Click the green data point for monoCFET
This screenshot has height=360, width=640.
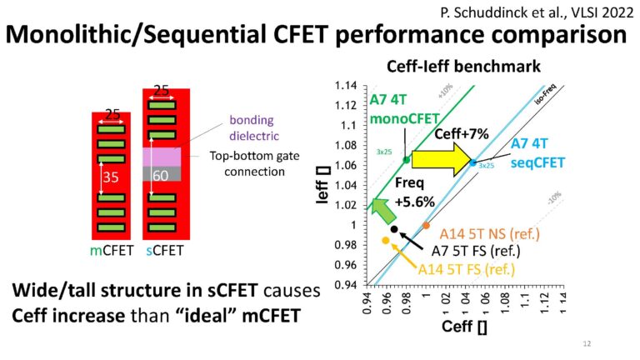point(407,159)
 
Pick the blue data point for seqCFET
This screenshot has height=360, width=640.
point(473,162)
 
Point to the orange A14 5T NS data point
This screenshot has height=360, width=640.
point(426,225)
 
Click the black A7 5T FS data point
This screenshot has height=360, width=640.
point(394,228)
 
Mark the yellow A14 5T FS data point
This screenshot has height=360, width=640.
point(386,240)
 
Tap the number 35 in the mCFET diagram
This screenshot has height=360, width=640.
point(108,177)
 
